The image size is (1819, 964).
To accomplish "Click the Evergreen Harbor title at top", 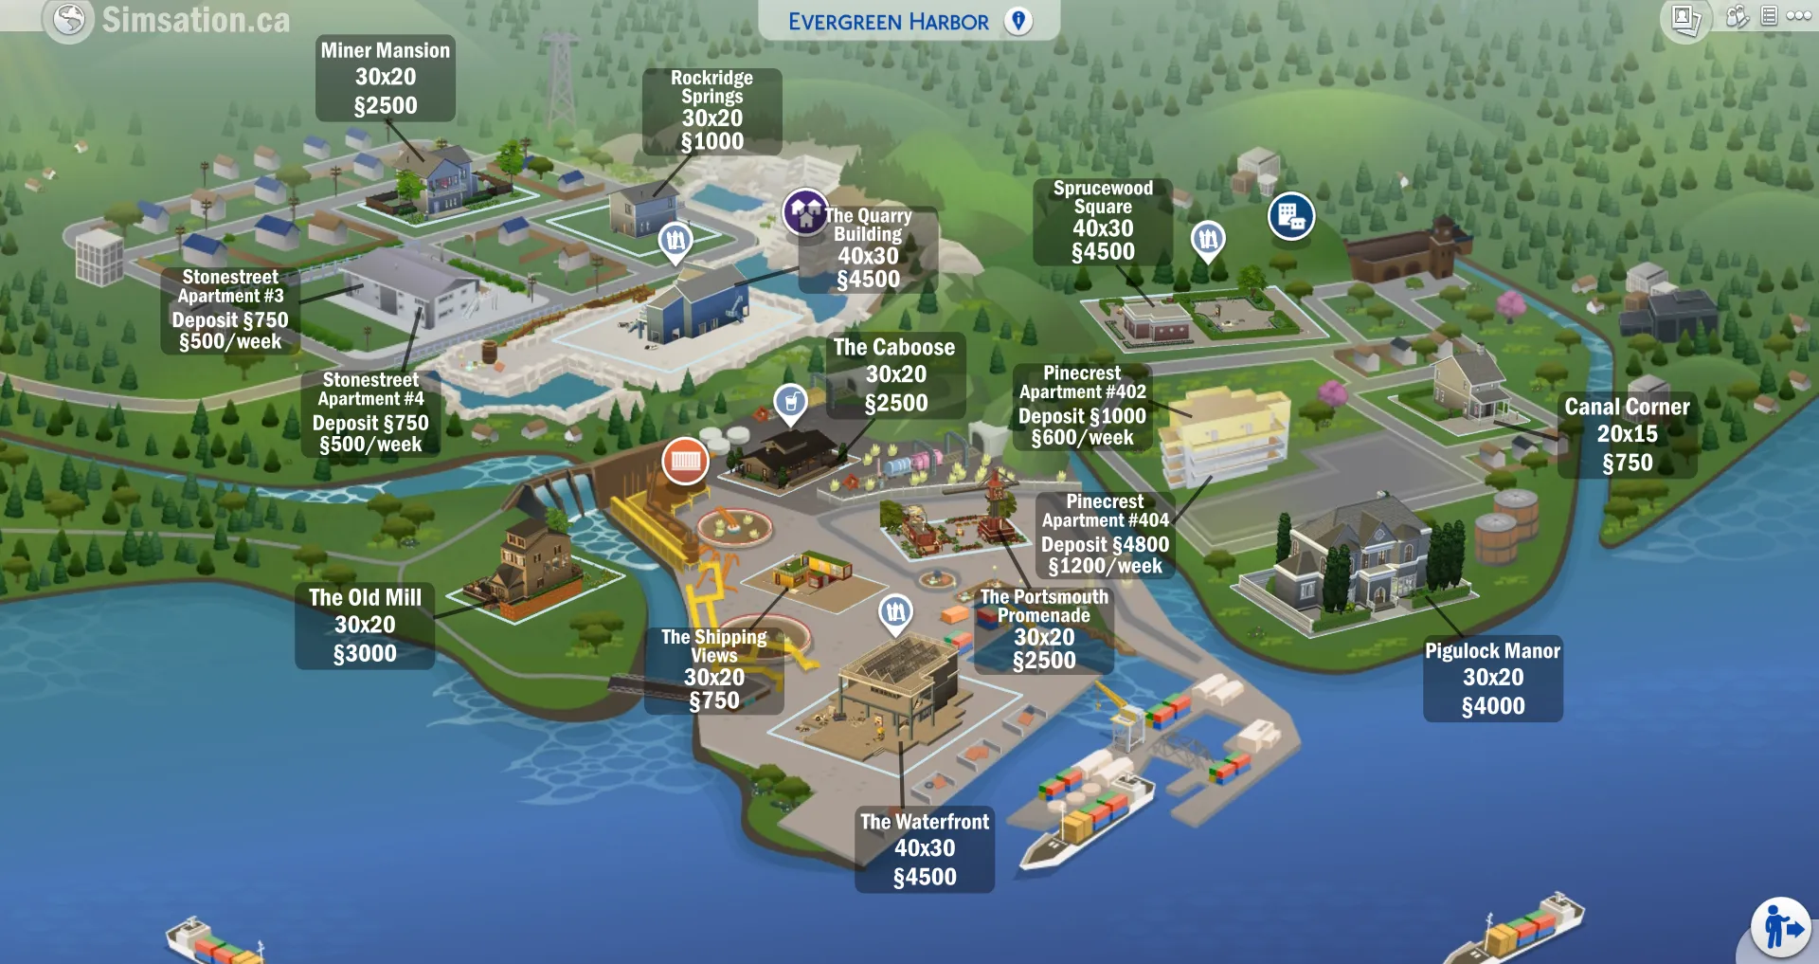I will coord(889,21).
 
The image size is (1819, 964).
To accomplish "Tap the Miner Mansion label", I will coord(385,78).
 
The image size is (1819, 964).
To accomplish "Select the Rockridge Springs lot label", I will coord(712,111).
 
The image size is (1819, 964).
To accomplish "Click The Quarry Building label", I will coord(869,248).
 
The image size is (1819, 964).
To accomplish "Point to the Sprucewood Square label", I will coord(1103,221).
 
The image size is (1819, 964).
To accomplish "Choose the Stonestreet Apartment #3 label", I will coord(230,309).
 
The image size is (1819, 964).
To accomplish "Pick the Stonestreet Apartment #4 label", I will coord(370,412).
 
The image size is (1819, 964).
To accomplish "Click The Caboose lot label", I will coord(895,375).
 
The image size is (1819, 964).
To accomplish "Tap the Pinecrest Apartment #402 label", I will coord(1082,406).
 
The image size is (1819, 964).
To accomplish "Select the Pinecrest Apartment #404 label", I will coord(1105,535).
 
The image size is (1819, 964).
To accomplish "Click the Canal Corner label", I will coord(1627,434).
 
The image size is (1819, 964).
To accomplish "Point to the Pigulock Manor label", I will coord(1492,678).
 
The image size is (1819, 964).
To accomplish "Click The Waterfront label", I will coord(925,849).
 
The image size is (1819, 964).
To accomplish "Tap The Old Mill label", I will coord(365,626).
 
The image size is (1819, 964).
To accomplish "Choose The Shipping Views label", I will coord(713,669).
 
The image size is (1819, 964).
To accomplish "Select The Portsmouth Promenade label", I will coord(1044,628).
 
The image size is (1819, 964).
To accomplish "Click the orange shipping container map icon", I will coord(685,462).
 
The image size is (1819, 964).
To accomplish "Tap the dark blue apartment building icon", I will coord(1290,217).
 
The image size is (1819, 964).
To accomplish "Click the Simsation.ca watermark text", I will coord(195,20).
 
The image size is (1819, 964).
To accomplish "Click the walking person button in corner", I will coord(1781,927).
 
